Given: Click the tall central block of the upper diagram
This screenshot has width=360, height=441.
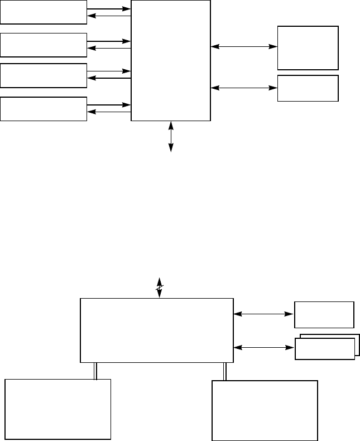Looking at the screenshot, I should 171,60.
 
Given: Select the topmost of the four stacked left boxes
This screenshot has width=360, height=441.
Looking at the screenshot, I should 44,12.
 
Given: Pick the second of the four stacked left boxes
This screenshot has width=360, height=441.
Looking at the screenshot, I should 44,45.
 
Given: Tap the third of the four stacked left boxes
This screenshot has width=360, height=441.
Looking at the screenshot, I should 44,75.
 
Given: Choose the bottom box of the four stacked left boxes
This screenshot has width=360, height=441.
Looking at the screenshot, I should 44,108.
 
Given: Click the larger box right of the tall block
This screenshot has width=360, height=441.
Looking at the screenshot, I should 308,47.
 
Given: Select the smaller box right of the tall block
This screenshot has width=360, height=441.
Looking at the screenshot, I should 308,88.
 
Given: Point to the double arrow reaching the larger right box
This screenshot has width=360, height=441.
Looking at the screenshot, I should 244,47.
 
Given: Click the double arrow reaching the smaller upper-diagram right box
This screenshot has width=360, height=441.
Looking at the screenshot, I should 244,88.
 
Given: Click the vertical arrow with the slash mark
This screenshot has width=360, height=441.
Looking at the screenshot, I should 160,287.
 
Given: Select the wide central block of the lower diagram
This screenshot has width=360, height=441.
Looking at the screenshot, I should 157,330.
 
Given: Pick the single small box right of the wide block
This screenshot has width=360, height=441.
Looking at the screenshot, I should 324,314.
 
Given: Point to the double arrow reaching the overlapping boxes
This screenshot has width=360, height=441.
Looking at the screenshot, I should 263,348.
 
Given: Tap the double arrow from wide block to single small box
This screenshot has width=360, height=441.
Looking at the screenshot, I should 263,314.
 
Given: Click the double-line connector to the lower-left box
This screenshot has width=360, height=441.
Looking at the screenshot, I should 95,371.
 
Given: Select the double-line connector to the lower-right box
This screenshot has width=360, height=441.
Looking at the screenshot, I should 225,372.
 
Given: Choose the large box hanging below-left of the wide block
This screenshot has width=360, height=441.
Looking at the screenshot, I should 58,409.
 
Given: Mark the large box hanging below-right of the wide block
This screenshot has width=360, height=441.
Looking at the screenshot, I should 265,411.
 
